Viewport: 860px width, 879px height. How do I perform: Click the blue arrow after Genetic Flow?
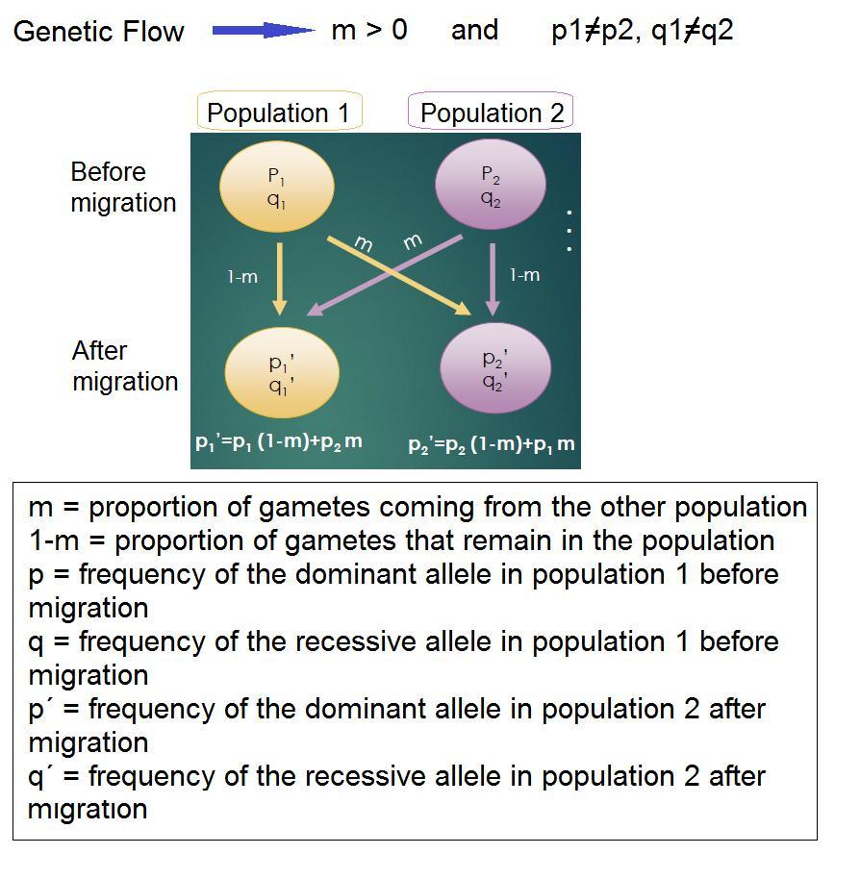point(263,31)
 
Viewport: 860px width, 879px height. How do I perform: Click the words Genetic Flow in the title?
point(99,31)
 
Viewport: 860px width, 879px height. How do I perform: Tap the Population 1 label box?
point(279,113)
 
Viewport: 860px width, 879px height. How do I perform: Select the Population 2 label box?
point(492,113)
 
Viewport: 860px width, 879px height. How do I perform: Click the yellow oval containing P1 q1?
point(277,187)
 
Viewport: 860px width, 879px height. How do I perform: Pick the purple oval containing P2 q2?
point(491,186)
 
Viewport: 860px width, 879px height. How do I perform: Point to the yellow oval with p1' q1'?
point(281,373)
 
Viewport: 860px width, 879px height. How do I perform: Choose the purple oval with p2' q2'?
point(494,368)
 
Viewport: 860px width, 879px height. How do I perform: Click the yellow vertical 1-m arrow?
point(279,279)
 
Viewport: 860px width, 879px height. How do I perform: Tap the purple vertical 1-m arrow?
point(493,279)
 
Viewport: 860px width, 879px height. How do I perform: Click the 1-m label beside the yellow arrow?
point(242,277)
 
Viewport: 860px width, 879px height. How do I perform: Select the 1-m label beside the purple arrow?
point(524,275)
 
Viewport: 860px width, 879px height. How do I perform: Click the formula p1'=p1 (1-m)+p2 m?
point(279,442)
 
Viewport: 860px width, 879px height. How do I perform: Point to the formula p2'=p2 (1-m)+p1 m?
point(491,444)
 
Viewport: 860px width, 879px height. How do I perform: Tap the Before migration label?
point(123,188)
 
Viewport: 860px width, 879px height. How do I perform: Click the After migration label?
point(124,366)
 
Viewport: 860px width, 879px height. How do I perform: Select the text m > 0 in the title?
point(368,30)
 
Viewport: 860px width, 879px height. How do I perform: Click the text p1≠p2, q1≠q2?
point(642,30)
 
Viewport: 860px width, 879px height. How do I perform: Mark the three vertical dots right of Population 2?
point(569,231)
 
